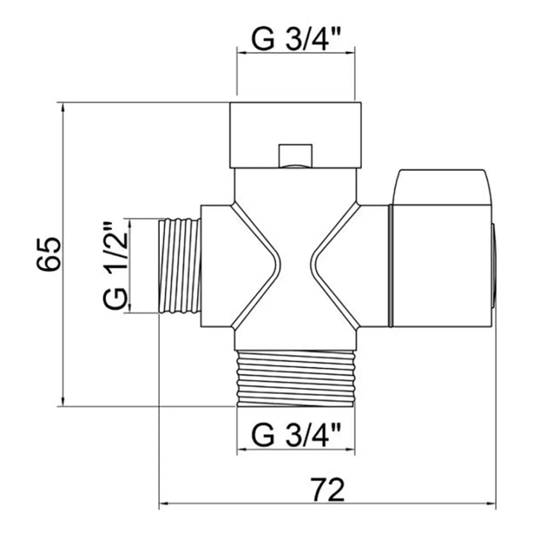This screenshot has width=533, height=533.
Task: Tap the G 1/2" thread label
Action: pos(115,266)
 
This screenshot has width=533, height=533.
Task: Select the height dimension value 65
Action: pos(49,254)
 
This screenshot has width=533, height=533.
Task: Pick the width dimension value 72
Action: pos(327,490)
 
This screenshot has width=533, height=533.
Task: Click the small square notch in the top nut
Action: pos(295,156)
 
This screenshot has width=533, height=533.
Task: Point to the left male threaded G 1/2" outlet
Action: pos(180,266)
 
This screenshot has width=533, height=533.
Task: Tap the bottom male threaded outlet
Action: pos(295,378)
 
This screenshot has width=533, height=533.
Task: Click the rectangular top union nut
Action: pos(295,135)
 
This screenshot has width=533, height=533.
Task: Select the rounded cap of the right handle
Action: pos(441,187)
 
